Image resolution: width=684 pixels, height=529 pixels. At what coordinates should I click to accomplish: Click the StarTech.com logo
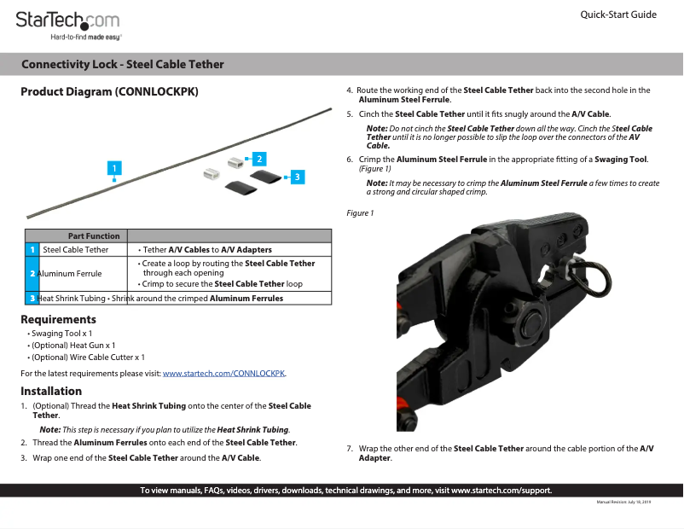(67, 23)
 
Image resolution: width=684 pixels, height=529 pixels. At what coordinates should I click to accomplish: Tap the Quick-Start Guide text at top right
(617, 15)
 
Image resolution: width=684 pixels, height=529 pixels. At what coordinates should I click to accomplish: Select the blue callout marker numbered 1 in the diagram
(113, 169)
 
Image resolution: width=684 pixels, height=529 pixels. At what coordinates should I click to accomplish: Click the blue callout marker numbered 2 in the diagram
(258, 159)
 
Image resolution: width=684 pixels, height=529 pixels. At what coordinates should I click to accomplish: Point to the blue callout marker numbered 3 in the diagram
(295, 177)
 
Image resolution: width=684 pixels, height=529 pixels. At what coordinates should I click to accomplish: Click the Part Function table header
(94, 235)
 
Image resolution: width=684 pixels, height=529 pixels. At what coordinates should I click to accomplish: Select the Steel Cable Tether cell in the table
(76, 250)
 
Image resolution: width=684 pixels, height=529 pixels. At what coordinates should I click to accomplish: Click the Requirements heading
(58, 319)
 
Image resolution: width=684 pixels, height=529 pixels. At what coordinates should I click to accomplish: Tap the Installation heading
(51, 392)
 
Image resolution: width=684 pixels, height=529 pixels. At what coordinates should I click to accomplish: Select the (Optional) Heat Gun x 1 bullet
(73, 346)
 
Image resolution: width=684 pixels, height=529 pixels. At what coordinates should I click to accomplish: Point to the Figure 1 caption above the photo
(360, 212)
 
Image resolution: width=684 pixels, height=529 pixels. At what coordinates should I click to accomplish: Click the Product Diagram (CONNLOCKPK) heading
(109, 91)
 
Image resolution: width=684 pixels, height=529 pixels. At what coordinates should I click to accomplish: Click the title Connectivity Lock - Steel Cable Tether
(123, 65)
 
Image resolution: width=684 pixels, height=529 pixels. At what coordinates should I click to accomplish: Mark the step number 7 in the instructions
(350, 449)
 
